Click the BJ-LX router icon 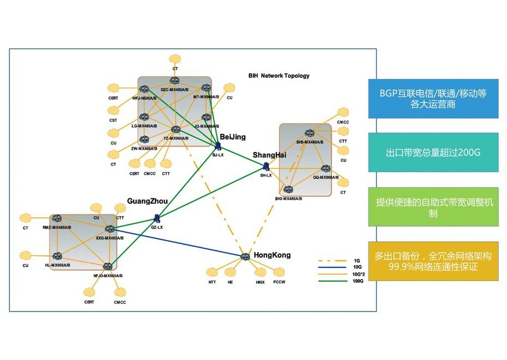218,147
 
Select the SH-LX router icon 266,167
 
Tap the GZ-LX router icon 156,218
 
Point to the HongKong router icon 245,256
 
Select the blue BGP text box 433,98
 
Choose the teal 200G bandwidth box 433,152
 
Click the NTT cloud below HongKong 213,272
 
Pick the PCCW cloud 279,272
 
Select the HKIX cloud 260,272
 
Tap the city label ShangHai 269,155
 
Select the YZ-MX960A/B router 176,130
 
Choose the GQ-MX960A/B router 325,169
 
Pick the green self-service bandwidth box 433,206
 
